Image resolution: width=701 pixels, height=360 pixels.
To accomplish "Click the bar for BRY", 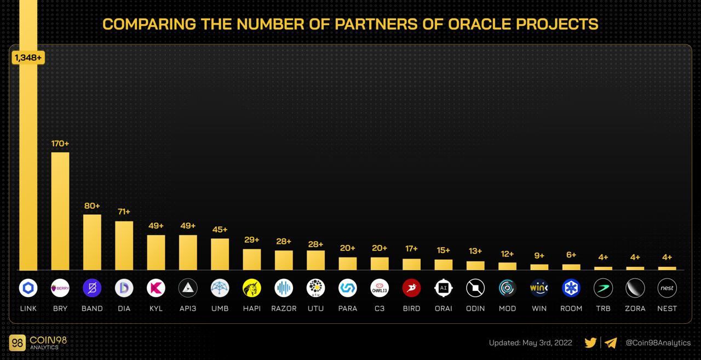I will click(x=60, y=211).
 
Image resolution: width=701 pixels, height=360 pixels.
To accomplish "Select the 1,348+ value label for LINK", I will click(x=28, y=57).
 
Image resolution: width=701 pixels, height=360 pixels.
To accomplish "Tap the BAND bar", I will click(x=92, y=242).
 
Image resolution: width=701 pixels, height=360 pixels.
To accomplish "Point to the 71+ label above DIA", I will click(x=124, y=212).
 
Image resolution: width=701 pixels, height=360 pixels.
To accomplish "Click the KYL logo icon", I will click(x=156, y=288).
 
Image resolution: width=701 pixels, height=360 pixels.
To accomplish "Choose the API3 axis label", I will click(x=188, y=308).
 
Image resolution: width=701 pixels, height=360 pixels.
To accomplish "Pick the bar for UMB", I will click(x=220, y=254).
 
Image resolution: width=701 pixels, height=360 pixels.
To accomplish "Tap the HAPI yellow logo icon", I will click(x=252, y=288).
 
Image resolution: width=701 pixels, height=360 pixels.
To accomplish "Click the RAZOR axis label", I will click(x=284, y=308).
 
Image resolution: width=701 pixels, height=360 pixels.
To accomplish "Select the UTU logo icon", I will click(x=315, y=288).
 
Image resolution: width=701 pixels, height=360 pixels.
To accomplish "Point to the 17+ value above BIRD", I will click(x=411, y=249).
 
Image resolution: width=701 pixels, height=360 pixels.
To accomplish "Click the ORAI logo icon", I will click(x=444, y=288).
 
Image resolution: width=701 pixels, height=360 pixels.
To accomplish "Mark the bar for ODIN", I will click(x=475, y=266).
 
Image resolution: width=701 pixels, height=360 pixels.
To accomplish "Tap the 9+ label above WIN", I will click(x=539, y=255).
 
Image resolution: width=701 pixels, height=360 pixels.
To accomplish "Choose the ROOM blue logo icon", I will click(x=571, y=288).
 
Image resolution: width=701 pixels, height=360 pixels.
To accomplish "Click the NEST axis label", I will click(x=667, y=308).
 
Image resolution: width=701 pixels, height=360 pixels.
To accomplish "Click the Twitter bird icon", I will click(x=590, y=343).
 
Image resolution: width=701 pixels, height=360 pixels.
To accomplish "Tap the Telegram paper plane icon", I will click(x=611, y=343).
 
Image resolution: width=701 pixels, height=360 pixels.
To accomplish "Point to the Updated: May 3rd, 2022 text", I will click(x=530, y=343).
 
